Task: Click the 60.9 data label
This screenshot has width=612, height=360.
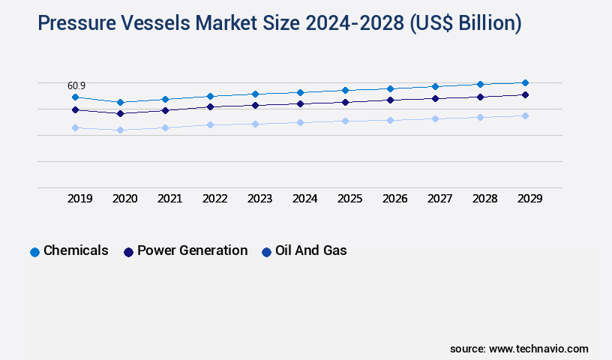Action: pyautogui.click(x=76, y=86)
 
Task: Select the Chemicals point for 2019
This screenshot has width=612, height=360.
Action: pyautogui.click(x=75, y=97)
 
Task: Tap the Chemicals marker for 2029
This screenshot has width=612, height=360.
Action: pyautogui.click(x=525, y=82)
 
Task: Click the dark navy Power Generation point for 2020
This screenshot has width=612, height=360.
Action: pyautogui.click(x=120, y=113)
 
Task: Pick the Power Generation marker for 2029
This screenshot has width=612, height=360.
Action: pyautogui.click(x=525, y=94)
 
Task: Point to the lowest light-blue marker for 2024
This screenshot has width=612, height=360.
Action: pyautogui.click(x=300, y=122)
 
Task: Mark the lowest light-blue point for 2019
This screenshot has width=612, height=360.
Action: pyautogui.click(x=75, y=127)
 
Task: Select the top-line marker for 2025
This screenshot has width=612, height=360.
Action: pyautogui.click(x=345, y=90)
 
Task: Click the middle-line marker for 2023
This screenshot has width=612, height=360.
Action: pyautogui.click(x=255, y=105)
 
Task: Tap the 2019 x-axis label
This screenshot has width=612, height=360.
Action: pyautogui.click(x=80, y=199)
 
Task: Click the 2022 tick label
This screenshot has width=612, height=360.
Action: pyautogui.click(x=215, y=199)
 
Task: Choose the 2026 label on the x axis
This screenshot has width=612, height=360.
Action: pyautogui.click(x=395, y=199)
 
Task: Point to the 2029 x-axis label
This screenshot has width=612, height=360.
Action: pyautogui.click(x=529, y=199)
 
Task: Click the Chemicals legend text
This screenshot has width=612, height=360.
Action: pyautogui.click(x=76, y=250)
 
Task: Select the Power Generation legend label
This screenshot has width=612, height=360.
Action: pyautogui.click(x=192, y=250)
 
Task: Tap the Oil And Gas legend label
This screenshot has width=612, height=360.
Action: pyautogui.click(x=310, y=250)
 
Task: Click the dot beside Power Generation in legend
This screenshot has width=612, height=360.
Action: pyautogui.click(x=128, y=252)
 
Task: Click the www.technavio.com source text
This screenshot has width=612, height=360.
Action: pyautogui.click(x=538, y=349)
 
